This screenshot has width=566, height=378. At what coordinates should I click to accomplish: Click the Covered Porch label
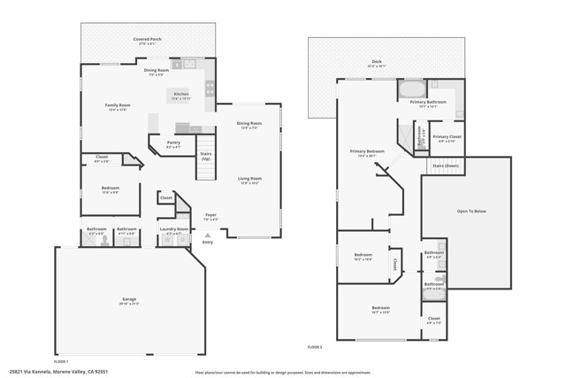coord(147,40)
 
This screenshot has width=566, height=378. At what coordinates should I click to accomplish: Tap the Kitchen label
coord(180,96)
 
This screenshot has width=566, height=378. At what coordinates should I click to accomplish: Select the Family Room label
coord(118,107)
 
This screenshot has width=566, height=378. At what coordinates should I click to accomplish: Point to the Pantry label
coord(173,144)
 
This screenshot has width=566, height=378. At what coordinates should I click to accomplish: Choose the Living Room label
coord(249,181)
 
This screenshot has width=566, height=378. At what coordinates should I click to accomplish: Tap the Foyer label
coord(210,216)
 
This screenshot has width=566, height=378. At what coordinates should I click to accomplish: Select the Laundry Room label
coord(173,230)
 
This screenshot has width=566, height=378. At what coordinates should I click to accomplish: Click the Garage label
coord(131,301)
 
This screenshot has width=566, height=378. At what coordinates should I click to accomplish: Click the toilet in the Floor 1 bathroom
coord(104,238)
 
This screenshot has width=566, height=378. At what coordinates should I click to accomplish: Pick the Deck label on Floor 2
coord(376,63)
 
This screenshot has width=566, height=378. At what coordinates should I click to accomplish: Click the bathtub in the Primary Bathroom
coord(412,90)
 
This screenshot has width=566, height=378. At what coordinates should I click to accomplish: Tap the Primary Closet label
coord(447,138)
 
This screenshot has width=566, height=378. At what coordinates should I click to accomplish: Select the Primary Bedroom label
coord(366,152)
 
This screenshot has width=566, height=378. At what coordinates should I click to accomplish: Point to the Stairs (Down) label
coord(445,166)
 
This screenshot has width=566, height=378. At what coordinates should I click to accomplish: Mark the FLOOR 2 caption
coord(315,345)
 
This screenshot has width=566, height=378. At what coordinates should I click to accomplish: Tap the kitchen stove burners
coord(210,89)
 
